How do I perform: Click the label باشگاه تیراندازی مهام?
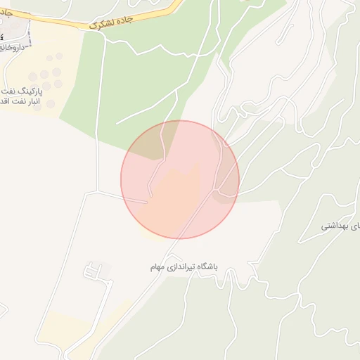click(x=184, y=267)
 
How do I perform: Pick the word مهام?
click(x=157, y=268)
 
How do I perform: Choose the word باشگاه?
click(x=207, y=267)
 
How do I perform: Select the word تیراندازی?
click(x=181, y=267)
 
